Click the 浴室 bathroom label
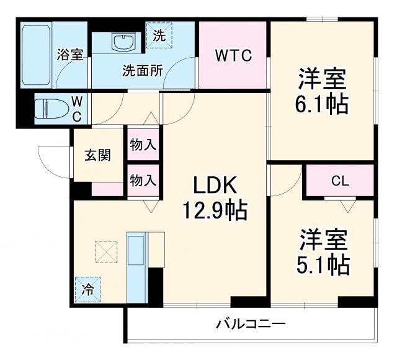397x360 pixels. pyautogui.click(x=70, y=55)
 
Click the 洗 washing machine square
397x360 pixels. pyautogui.click(x=159, y=35)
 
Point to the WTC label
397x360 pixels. pyautogui.click(x=233, y=56)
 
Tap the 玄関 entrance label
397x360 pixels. pyautogui.click(x=97, y=155)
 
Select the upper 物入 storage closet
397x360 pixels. pyautogui.click(x=143, y=145)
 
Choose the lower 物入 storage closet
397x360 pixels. pyautogui.click(x=143, y=181)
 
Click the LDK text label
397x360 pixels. pyautogui.click(x=214, y=186)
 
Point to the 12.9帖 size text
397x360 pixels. pyautogui.click(x=214, y=212)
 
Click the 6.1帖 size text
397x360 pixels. pyautogui.click(x=321, y=102)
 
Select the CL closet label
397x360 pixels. pyautogui.click(x=339, y=181)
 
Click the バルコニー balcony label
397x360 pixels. pyautogui.click(x=251, y=324)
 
